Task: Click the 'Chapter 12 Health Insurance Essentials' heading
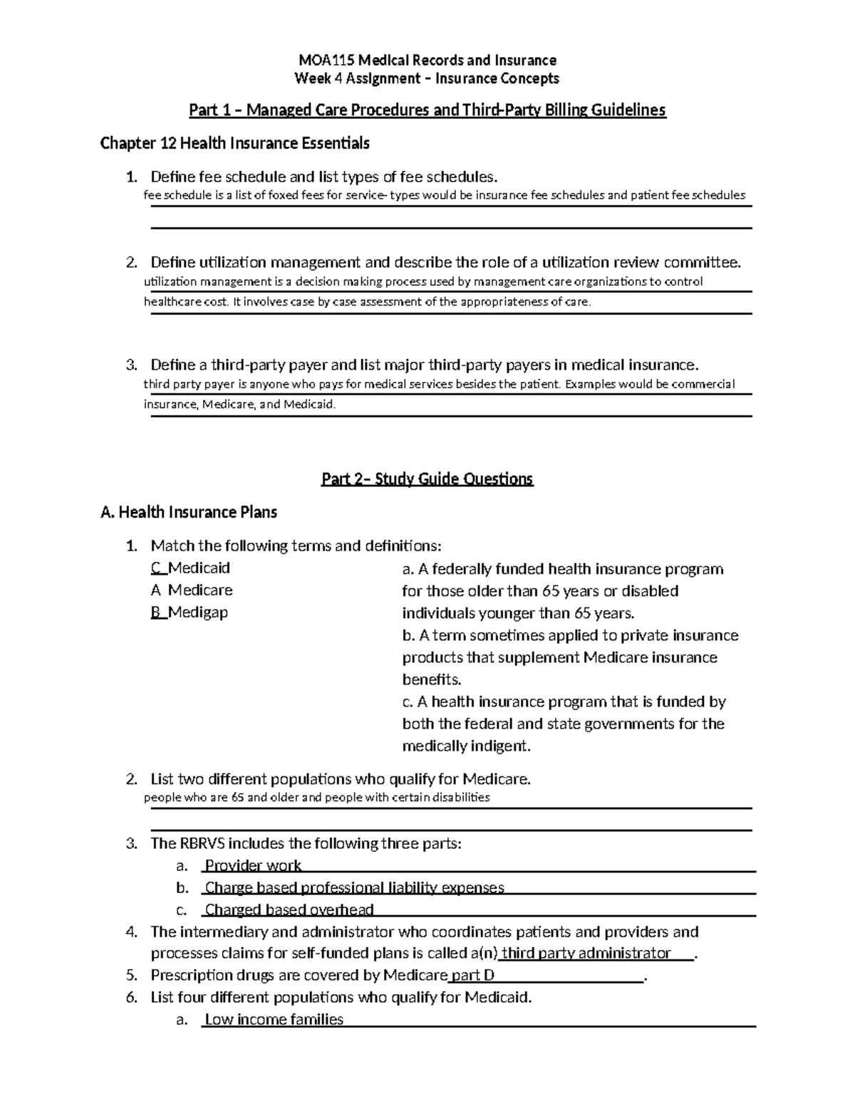click(x=234, y=143)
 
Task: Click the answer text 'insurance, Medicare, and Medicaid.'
click(x=239, y=404)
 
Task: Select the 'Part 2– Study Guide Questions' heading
click(x=427, y=479)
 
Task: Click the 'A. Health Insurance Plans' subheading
click(x=189, y=512)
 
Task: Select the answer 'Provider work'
click(x=253, y=866)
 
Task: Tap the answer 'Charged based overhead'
click(x=289, y=910)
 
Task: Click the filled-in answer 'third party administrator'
click(x=586, y=954)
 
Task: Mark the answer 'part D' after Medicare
click(x=472, y=976)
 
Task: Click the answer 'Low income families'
click(x=274, y=1020)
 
